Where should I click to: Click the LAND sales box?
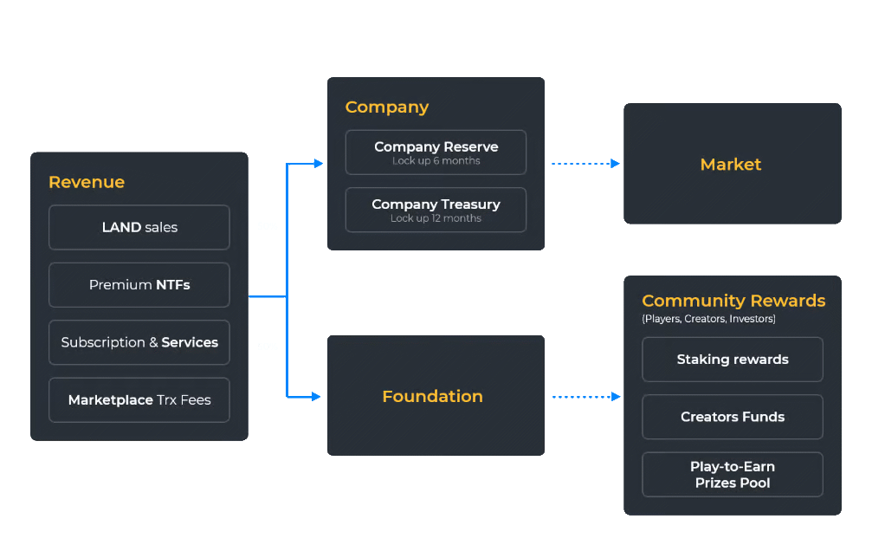tap(139, 227)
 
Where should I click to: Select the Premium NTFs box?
tap(139, 285)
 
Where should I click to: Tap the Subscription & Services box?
tap(139, 342)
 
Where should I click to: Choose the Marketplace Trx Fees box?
tap(139, 400)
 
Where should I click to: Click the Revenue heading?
tap(87, 182)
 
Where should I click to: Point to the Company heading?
tap(387, 107)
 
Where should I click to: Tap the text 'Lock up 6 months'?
tap(436, 161)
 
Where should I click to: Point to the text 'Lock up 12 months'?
tap(436, 218)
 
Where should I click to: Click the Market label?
tap(731, 165)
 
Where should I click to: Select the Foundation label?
tap(432, 397)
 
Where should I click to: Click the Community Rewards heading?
tap(733, 301)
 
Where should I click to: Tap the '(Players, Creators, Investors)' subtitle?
tap(708, 320)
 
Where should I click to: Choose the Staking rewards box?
tap(733, 360)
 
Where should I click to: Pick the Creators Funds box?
tap(733, 417)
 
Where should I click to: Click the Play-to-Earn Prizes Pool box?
tap(733, 475)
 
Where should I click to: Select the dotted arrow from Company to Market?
tap(585, 163)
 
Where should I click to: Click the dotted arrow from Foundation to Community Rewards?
tap(585, 397)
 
